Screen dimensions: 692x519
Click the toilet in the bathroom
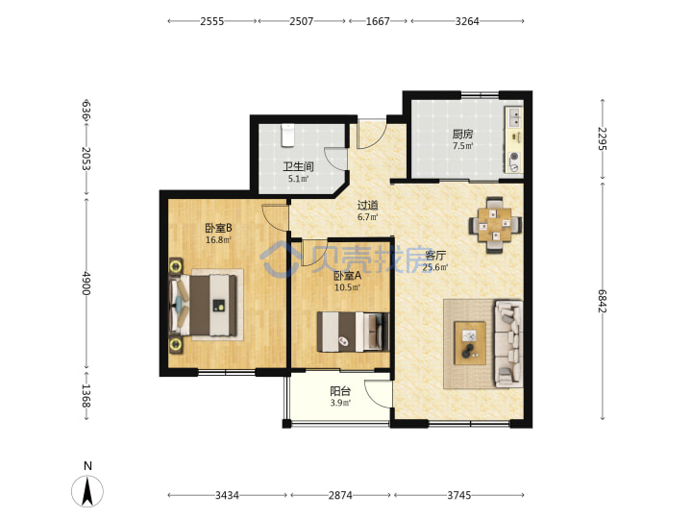[x=287, y=136]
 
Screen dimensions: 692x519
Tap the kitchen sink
[x=514, y=117]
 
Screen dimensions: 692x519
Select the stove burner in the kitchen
[x=514, y=156]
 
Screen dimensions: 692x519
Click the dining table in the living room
[x=495, y=224]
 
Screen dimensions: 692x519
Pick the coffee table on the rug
[x=470, y=343]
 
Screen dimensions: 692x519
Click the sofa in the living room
[x=508, y=344]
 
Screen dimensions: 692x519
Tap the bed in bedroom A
[x=353, y=332]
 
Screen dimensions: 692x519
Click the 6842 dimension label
[x=603, y=301]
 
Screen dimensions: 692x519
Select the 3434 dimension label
[x=227, y=495]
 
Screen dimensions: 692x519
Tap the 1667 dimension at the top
[x=378, y=21]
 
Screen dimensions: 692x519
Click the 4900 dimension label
[x=86, y=283]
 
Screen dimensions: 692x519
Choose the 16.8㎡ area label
[x=218, y=240]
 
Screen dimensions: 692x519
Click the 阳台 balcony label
[x=340, y=391]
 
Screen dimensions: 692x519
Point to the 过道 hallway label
[x=367, y=206]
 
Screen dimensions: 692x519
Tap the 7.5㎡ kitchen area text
[x=462, y=146]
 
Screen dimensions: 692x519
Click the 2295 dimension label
[x=603, y=138]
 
